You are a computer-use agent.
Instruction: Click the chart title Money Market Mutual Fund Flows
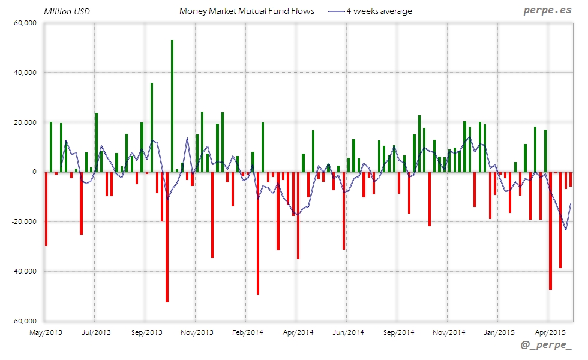(x=247, y=11)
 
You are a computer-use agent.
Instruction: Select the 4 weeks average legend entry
(x=379, y=11)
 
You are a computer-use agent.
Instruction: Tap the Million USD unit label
(x=67, y=11)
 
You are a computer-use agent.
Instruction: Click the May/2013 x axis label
(x=46, y=332)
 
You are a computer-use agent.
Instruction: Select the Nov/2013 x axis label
(x=197, y=332)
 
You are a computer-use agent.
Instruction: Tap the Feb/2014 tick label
(x=247, y=332)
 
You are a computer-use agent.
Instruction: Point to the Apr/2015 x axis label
(x=550, y=332)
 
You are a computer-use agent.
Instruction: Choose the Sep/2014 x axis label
(x=398, y=332)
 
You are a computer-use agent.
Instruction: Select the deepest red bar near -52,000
(x=167, y=237)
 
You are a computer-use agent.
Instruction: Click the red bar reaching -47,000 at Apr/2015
(x=550, y=231)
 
